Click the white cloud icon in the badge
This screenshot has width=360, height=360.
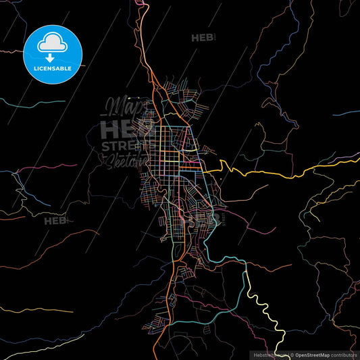53,42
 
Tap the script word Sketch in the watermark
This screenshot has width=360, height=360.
124,162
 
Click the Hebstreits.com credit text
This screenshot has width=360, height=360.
266,354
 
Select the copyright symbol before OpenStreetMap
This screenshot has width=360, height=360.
292,354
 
